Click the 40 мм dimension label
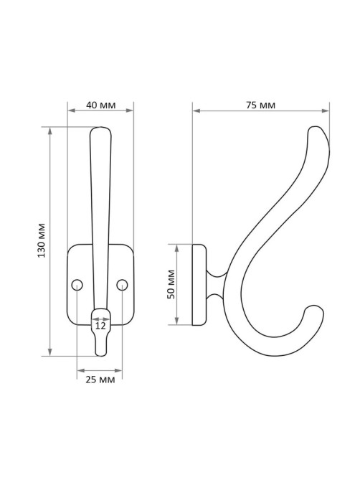[100, 105]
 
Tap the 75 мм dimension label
[260, 105]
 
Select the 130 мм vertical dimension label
[42, 240]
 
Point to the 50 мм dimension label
[171, 284]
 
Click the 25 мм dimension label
[100, 380]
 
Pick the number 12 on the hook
[100, 326]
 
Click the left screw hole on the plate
[77, 285]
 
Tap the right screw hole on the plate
[122, 285]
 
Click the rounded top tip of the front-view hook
[100, 128]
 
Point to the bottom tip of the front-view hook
[100, 355]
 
